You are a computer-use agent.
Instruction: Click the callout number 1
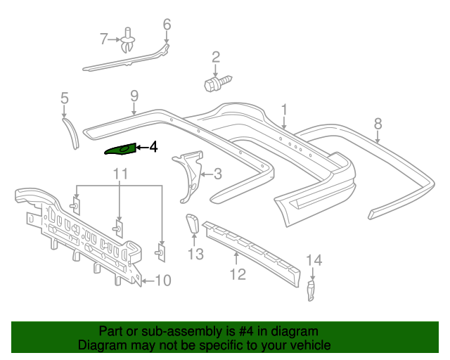[285, 109]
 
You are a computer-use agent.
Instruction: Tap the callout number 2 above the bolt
[216, 57]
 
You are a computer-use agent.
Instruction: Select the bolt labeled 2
[212, 86]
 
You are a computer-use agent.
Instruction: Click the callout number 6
[167, 25]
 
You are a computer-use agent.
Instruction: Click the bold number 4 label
[153, 148]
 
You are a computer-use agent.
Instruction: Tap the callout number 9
[134, 95]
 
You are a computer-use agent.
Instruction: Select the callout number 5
[64, 98]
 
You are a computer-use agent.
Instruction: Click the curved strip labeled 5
[72, 132]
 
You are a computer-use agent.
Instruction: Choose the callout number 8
[378, 124]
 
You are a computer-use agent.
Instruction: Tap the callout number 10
[162, 281]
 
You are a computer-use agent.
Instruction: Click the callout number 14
[313, 261]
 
